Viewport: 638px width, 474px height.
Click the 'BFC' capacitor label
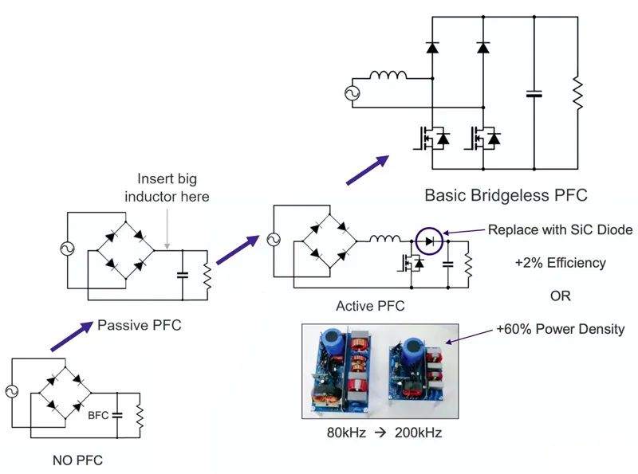(99, 415)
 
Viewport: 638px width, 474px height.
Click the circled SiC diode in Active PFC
(429, 238)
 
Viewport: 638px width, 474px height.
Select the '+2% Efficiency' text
(560, 262)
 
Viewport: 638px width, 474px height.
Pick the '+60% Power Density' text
(560, 329)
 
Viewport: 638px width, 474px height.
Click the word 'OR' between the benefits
(561, 296)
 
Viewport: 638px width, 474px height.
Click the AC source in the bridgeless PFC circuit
(352, 93)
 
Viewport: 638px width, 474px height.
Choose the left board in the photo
(345, 370)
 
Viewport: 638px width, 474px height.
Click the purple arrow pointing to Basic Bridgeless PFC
(369, 169)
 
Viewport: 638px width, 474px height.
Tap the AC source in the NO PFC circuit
(12, 391)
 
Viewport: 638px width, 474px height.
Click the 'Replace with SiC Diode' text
(560, 229)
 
